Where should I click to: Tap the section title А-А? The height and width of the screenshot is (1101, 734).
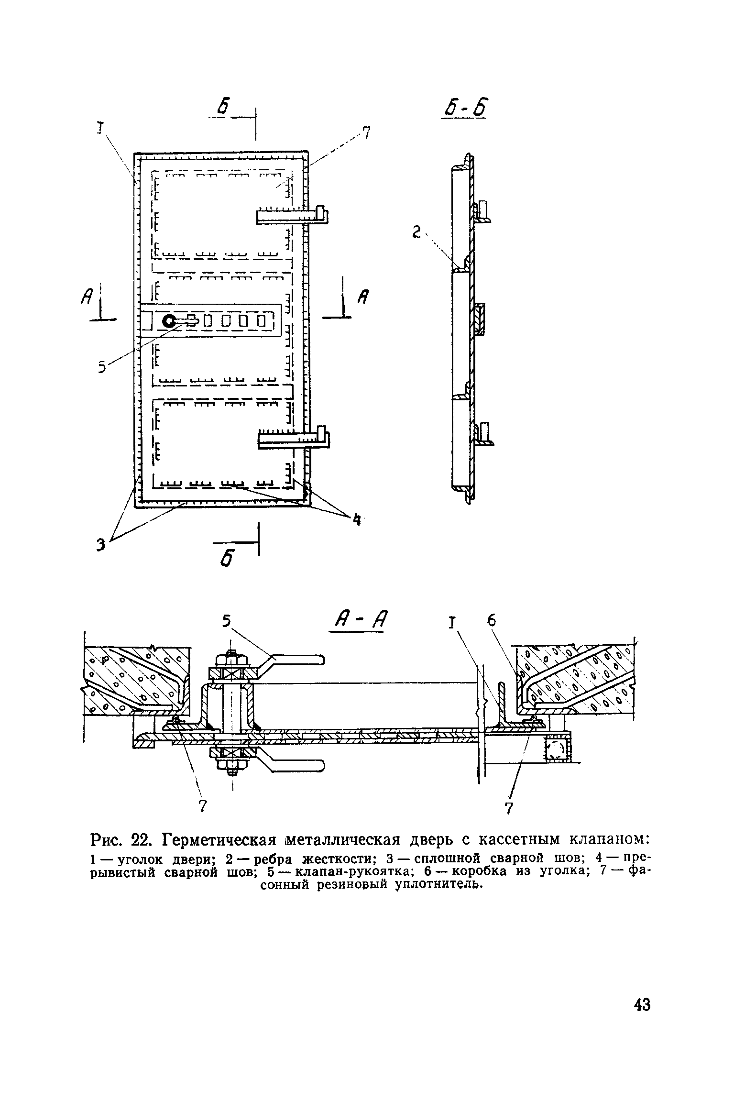[x=359, y=622]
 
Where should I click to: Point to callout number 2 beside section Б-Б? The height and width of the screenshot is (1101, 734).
[x=416, y=233]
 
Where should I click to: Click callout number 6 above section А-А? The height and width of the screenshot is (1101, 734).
[x=492, y=620]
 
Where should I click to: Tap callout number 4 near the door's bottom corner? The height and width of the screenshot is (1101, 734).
[x=356, y=519]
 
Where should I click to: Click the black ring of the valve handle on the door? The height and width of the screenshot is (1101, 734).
[x=169, y=321]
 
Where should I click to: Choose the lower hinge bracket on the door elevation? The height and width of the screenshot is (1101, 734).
[x=294, y=438]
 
